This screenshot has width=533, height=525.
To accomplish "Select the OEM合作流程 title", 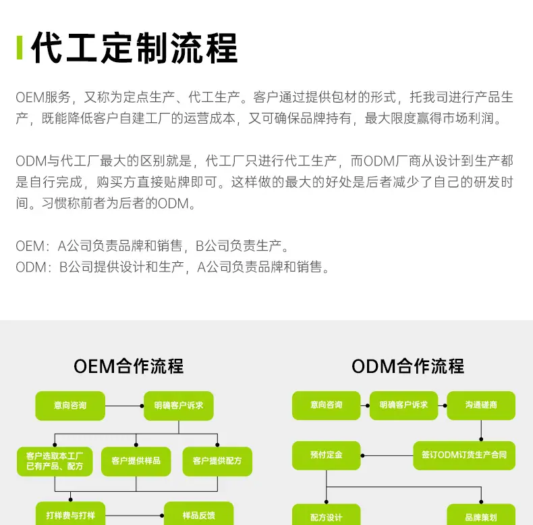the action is coord(128,366).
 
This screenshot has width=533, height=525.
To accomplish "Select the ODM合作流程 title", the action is coord(408,366).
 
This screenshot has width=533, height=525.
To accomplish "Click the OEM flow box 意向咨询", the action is coord(70,406).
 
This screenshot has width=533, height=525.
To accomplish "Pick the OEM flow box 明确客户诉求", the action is coord(179,406).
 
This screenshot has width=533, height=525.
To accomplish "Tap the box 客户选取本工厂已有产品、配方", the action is coord(55,461).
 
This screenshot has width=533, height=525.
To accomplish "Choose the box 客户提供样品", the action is coord(136,461).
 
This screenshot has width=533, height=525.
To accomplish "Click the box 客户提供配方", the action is coord(217,461).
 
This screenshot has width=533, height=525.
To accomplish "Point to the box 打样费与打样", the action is coord(70,515).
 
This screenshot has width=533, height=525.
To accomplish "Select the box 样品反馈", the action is coord(199,515).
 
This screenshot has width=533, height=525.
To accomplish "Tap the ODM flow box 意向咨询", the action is coord(327,405).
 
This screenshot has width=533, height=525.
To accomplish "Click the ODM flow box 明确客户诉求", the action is coord(403,405).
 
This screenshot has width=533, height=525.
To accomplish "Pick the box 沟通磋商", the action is coord(481,405).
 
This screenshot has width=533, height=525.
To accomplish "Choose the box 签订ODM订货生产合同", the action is coord(464,455).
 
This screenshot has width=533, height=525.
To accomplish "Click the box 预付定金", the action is coord(327,455).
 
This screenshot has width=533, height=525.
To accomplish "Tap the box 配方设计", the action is coord(327,516).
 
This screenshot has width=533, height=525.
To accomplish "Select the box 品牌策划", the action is coord(481,516).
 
